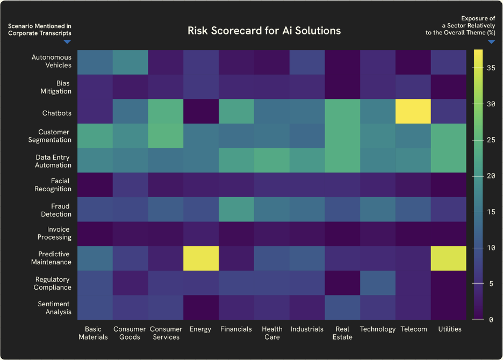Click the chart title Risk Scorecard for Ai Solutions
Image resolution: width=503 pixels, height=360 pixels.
click(264, 31)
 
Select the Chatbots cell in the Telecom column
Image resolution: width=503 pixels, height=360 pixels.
click(413, 111)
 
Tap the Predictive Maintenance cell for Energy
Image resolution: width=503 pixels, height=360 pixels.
click(201, 258)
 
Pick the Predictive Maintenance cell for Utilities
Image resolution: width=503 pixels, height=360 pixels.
click(449, 258)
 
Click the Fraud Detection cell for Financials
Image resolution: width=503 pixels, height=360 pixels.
click(236, 210)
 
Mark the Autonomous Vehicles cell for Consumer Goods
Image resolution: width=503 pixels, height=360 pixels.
click(130, 62)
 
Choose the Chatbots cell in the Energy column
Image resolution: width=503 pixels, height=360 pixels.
click(201, 111)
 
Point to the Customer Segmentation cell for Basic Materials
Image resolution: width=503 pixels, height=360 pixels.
click(95, 136)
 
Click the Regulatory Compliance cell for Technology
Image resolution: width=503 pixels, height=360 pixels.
click(378, 283)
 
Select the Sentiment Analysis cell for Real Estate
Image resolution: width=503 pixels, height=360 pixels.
click(342, 307)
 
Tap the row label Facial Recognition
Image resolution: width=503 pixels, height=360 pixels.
click(53, 185)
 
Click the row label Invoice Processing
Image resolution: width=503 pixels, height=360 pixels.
click(54, 233)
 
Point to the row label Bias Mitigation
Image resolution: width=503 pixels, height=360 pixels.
click(56, 87)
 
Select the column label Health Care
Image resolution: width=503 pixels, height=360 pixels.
click(272, 333)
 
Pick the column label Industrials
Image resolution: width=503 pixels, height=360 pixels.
click(307, 329)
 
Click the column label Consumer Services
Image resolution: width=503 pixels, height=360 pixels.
click(166, 333)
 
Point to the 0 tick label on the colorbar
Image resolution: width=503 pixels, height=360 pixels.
click(491, 320)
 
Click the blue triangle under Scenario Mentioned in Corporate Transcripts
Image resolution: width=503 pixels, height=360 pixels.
click(67, 42)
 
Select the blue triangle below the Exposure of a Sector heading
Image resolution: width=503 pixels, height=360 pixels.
click(491, 42)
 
